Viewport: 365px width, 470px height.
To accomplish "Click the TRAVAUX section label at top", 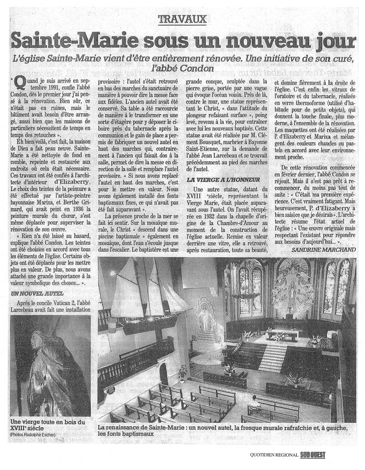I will click(182, 20).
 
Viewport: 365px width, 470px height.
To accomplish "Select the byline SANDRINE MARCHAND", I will click(323, 250).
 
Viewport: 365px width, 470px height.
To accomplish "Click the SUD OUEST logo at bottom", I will click(312, 455).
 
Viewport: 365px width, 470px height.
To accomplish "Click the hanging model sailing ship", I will click(147, 300).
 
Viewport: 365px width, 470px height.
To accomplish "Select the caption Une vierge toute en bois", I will click(48, 424).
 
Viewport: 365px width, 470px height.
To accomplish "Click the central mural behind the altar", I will click(293, 290).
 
